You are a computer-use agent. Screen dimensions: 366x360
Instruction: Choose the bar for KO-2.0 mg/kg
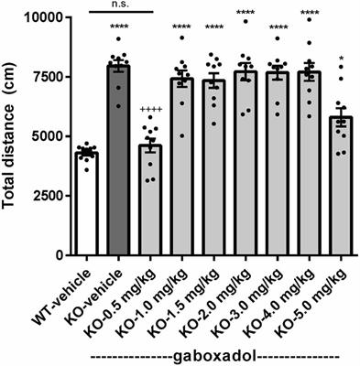click(245, 165)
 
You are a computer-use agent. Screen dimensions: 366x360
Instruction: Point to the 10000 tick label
click(40, 17)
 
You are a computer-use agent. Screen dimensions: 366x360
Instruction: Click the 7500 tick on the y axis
click(44, 77)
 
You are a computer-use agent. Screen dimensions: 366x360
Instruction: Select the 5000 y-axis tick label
click(44, 136)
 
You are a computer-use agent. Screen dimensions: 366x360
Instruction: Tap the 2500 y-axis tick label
click(44, 196)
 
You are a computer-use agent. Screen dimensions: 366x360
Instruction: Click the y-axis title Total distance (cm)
click(12, 136)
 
